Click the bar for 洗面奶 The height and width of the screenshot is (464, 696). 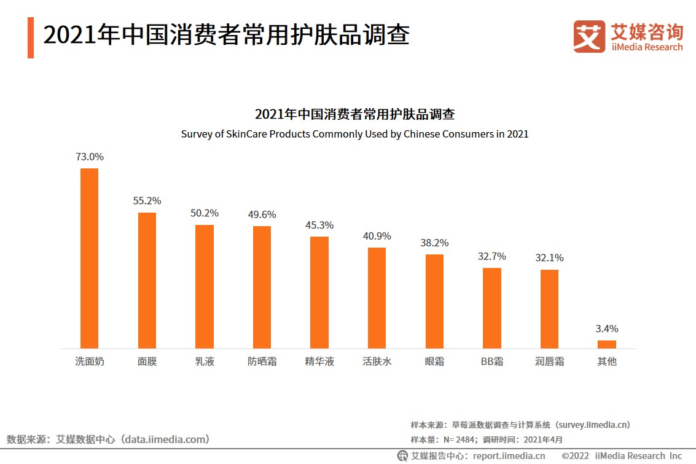[90, 258]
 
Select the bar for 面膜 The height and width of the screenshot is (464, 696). [147, 280]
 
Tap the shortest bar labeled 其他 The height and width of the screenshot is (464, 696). [606, 344]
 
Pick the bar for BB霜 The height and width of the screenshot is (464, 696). [491, 308]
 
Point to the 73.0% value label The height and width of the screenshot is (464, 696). [90, 157]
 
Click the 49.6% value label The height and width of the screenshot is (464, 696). [262, 214]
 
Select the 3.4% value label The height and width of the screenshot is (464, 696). [607, 329]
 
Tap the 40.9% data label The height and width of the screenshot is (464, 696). [377, 236]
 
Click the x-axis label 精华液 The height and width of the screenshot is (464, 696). [319, 361]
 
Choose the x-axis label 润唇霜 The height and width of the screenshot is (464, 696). [549, 361]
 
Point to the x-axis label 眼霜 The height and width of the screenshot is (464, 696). [434, 361]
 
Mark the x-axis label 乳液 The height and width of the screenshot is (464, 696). [204, 361]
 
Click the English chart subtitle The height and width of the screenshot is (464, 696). [354, 133]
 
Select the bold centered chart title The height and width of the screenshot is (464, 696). [354, 114]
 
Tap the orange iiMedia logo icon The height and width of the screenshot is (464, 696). [589, 36]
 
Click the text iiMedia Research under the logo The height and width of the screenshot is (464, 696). [647, 47]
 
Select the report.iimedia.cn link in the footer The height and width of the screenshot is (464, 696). [507, 456]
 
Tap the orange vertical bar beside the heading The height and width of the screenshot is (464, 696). [31, 37]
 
